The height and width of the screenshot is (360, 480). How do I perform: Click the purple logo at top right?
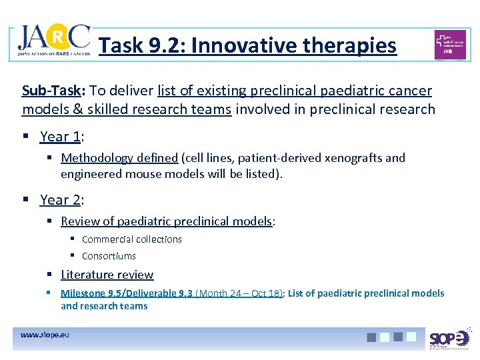coord(450,45)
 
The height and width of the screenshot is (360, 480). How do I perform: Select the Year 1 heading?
coord(62,137)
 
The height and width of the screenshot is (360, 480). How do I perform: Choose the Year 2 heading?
coord(62,199)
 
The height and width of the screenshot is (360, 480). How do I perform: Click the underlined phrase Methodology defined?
coord(119,158)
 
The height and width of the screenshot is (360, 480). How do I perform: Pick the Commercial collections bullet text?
coord(131,239)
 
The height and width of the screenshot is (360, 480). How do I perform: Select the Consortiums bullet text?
coord(109,256)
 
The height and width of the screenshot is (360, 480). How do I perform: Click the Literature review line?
coord(107,275)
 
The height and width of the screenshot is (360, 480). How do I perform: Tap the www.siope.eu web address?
coord(45,335)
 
